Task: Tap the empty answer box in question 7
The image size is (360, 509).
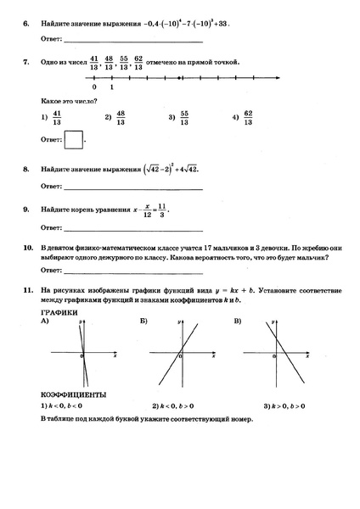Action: pos(74,137)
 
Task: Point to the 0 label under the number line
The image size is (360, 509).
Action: pos(93,87)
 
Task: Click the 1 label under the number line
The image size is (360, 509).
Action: pos(112,87)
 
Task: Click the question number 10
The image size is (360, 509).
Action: pos(27,245)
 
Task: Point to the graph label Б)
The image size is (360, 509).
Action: pos(143,322)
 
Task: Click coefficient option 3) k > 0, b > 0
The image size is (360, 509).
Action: pos(290,406)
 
